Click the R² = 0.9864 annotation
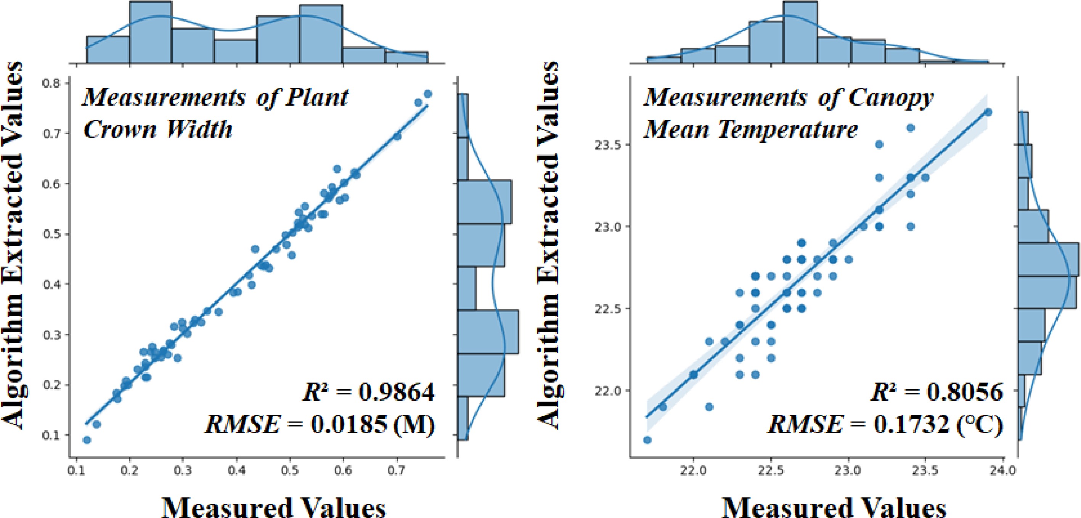[368, 392]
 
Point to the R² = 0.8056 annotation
[936, 392]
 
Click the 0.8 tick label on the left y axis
[51, 83]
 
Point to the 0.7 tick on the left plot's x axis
[397, 470]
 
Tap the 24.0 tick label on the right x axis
[1003, 471]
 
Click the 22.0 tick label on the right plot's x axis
[693, 471]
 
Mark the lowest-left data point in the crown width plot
[87, 440]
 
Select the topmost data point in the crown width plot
[427, 93]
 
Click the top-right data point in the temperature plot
[988, 112]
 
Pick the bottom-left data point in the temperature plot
[647, 440]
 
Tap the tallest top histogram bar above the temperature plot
[800, 33]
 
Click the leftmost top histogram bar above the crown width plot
[108, 50]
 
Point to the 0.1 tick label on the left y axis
[51, 435]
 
